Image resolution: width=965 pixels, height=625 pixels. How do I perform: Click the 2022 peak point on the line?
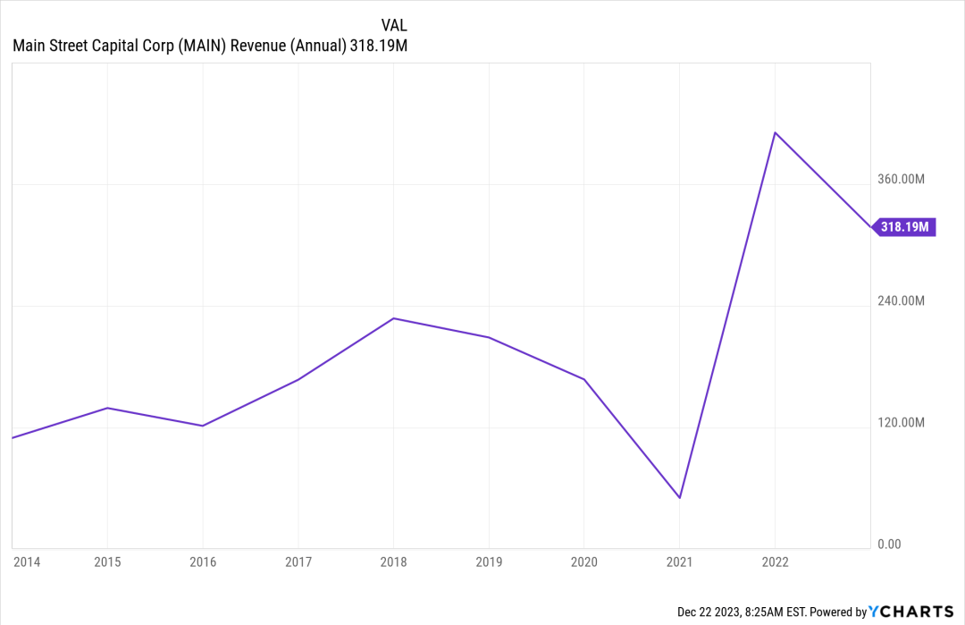pos(775,132)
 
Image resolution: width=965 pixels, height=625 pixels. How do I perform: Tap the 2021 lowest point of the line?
pos(680,498)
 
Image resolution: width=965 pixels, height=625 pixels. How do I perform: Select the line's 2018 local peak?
pos(394,318)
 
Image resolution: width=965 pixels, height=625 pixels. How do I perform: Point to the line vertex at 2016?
pos(203,426)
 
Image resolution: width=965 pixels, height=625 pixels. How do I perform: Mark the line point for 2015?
pos(107,408)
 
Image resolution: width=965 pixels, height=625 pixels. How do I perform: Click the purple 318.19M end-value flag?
pos(904,227)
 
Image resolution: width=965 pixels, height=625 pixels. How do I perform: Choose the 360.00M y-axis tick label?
pos(901,179)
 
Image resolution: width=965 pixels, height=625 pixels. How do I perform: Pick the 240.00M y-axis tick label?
pos(901,300)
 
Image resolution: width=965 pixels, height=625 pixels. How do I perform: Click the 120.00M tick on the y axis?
pos(901,422)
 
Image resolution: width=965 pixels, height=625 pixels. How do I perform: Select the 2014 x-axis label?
pos(26,562)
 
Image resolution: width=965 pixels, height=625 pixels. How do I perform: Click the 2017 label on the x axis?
pos(298,562)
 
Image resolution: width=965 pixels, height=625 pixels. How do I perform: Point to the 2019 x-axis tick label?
pos(489,562)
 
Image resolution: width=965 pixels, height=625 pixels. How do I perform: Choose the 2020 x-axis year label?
pos(584,562)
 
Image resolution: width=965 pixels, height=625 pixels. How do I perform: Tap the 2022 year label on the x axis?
pos(775,562)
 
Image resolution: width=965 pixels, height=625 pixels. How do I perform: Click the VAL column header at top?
pos(394,25)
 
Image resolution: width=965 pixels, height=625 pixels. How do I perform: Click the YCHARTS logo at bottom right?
pos(912,612)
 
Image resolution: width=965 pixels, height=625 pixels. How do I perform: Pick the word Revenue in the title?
pos(259,46)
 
